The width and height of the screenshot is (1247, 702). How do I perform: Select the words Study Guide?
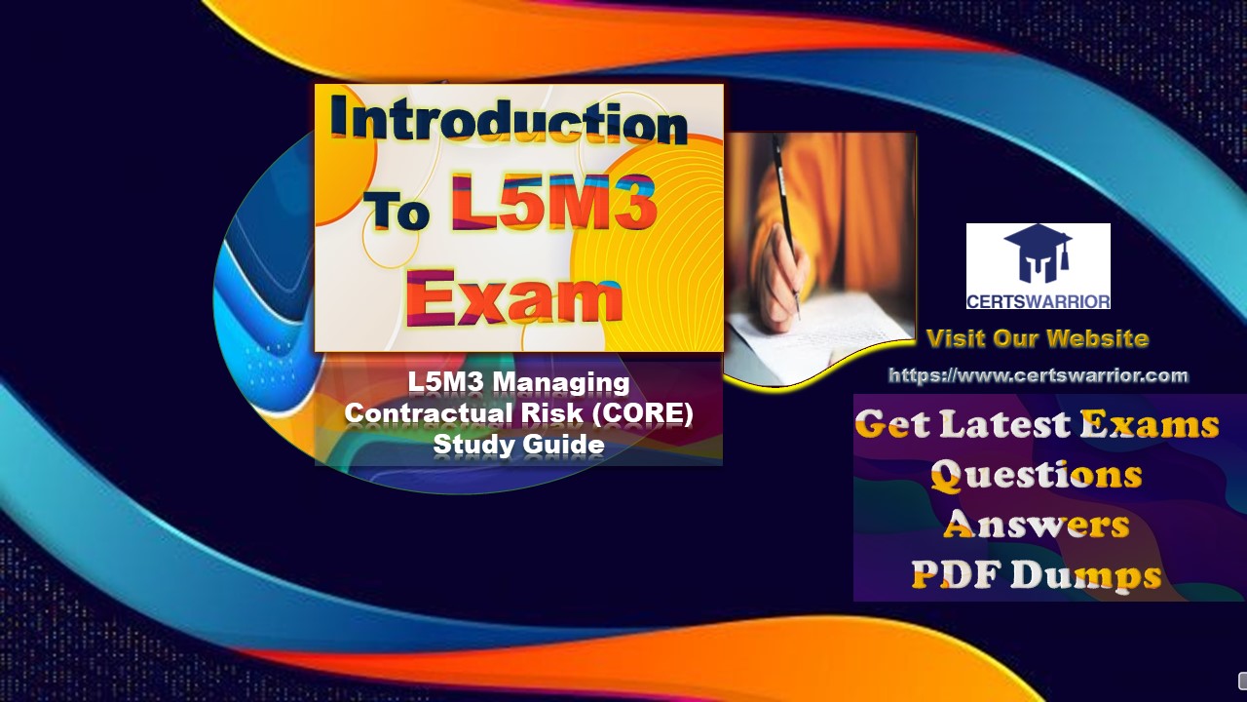(518, 445)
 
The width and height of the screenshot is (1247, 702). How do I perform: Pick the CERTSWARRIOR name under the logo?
(1038, 298)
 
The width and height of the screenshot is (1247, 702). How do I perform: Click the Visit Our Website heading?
(1038, 339)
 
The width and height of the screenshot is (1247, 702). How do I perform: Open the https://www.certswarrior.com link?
(1038, 375)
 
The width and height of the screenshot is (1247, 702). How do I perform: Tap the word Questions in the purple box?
(1036, 475)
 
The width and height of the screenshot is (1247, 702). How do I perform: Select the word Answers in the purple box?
(1036, 525)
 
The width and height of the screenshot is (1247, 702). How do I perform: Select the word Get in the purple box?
(892, 425)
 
